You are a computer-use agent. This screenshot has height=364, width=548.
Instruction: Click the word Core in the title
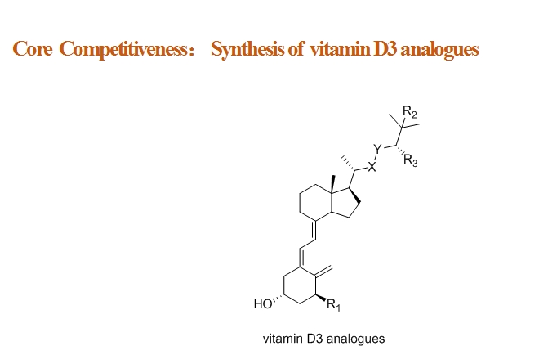pos(32,48)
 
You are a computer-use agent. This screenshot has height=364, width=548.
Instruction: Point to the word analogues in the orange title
pos(439,50)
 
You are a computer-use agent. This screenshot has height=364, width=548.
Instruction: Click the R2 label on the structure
pos(410,112)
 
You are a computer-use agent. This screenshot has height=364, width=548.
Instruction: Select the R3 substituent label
pos(410,160)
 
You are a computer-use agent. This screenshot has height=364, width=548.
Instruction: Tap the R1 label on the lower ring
pos(333,304)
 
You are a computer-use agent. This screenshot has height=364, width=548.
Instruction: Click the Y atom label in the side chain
pos(377,149)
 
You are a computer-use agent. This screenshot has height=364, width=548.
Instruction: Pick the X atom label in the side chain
pos(372,168)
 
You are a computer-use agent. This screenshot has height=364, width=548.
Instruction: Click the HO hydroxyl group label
pos(262,303)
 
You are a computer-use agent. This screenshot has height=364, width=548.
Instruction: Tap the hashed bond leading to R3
pos(400,151)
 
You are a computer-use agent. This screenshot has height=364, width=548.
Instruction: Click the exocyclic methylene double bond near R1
pos(323,272)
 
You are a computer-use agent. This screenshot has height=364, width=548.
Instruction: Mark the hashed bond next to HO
pos(278,299)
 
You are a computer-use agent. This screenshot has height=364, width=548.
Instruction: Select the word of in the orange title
pos(296,48)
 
